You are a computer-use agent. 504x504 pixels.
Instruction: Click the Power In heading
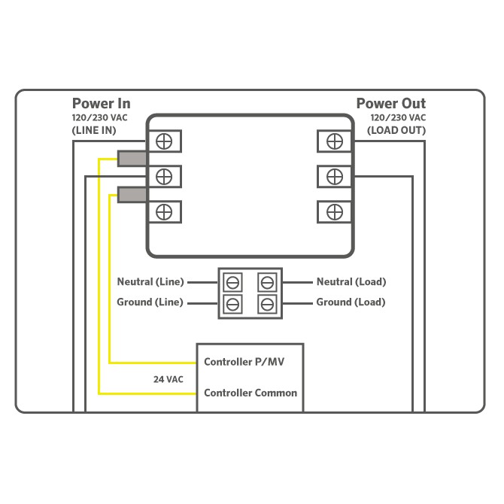pyautogui.click(x=102, y=104)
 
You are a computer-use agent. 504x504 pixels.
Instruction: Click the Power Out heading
pyautogui.click(x=391, y=104)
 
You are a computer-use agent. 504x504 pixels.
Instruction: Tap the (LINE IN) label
pyautogui.click(x=94, y=130)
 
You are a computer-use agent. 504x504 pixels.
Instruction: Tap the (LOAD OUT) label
pyautogui.click(x=396, y=130)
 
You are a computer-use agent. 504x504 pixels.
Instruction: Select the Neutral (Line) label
pyautogui.click(x=150, y=282)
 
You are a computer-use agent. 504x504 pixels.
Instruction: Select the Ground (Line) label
pyautogui.click(x=150, y=302)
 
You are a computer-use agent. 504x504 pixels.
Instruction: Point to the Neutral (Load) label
pyautogui.click(x=351, y=282)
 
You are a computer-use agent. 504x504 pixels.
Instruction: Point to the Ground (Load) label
pyautogui.click(x=351, y=302)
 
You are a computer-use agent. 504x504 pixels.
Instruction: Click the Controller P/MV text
pyautogui.click(x=244, y=362)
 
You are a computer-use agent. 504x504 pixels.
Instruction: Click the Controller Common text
pyautogui.click(x=250, y=393)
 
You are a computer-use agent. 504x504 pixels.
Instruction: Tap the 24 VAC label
pyautogui.click(x=168, y=379)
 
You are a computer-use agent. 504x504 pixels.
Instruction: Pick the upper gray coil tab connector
pyautogui.click(x=132, y=159)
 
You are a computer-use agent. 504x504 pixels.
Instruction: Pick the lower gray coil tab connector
pyautogui.click(x=132, y=195)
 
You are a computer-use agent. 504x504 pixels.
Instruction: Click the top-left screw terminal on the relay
pyautogui.click(x=164, y=141)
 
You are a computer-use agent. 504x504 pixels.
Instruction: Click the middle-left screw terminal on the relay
pyautogui.click(x=164, y=177)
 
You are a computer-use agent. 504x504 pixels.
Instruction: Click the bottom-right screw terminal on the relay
pyautogui.click(x=335, y=212)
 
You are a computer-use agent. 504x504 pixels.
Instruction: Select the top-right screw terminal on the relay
pyautogui.click(x=335, y=141)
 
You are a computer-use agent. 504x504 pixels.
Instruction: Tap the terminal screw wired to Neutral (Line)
pyautogui.click(x=232, y=283)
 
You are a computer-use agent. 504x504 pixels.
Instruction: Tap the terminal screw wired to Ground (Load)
pyautogui.click(x=268, y=304)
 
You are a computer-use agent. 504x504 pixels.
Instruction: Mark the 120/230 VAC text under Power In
pyautogui.click(x=99, y=117)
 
